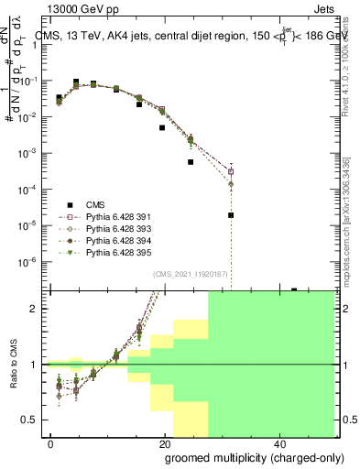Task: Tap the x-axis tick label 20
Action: (x=164, y=442)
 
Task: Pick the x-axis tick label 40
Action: (x=278, y=442)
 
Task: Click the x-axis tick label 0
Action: (x=50, y=442)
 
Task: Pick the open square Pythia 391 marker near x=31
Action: (x=231, y=171)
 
